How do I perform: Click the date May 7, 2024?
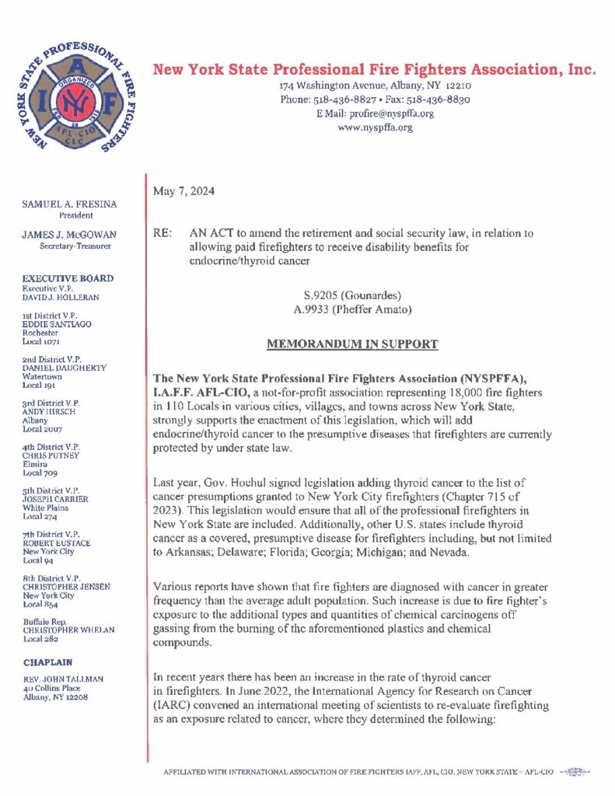click(183, 191)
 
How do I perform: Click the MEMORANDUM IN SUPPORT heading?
click(352, 344)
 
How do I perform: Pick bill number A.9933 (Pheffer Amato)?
click(352, 309)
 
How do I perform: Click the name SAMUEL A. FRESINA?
click(70, 204)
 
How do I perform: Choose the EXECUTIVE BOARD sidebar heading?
click(68, 278)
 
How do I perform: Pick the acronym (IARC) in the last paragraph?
click(174, 719)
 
